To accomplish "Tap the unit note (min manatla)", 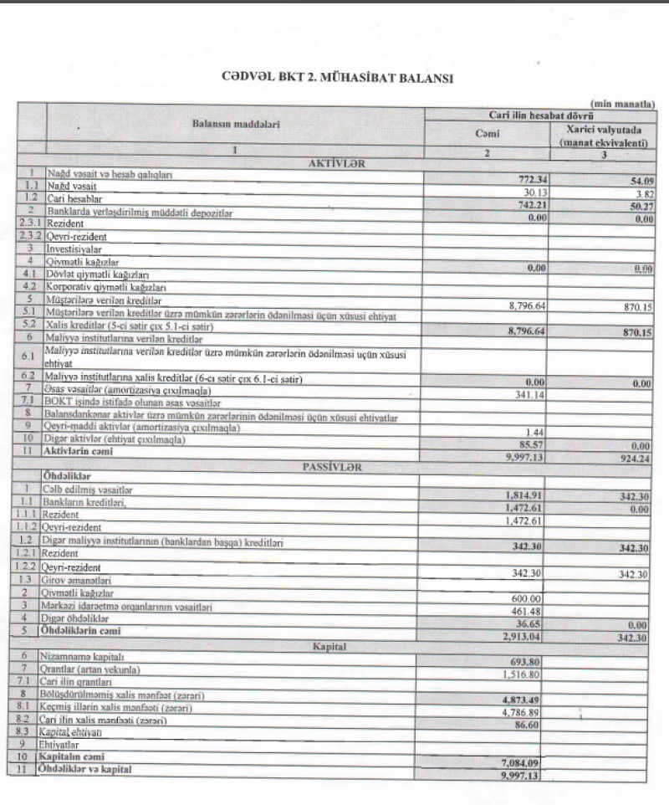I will point(622,103).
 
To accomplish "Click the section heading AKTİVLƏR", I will point(334,164).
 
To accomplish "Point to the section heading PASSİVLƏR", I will point(334,468).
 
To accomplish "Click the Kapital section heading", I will point(334,646).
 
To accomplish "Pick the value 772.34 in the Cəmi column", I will point(527,179).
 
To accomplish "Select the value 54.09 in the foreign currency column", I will point(636,179).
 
